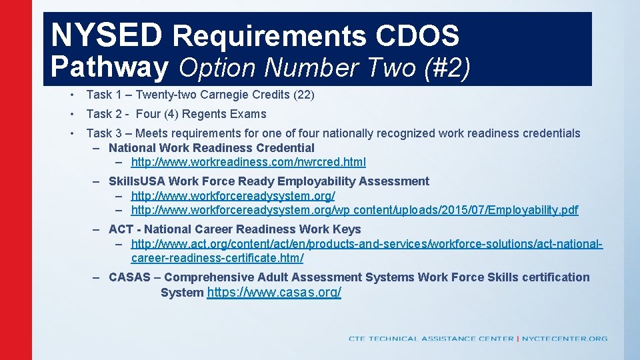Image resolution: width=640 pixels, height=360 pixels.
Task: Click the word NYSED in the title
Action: [x=106, y=35]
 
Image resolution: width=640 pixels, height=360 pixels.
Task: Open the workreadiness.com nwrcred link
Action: [x=248, y=162]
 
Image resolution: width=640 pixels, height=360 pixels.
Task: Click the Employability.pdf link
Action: [x=355, y=210]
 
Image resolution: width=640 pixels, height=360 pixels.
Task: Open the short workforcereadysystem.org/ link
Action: [x=233, y=196]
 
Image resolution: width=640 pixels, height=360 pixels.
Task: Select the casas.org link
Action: [x=274, y=293]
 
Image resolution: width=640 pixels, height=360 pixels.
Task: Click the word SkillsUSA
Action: [x=137, y=181]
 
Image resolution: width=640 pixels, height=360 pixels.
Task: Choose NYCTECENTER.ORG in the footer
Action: [x=565, y=339]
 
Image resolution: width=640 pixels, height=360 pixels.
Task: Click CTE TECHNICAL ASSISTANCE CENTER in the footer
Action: [x=431, y=339]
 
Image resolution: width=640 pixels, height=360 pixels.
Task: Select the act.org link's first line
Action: [x=367, y=244]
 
